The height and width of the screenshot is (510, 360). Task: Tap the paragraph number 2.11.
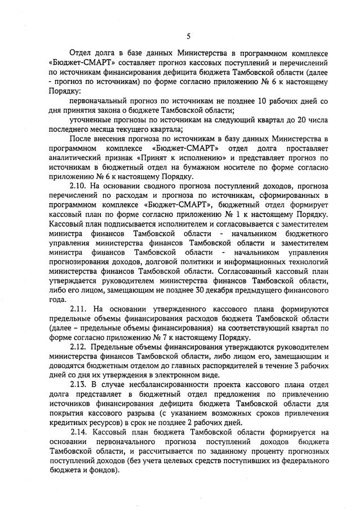[78, 309]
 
